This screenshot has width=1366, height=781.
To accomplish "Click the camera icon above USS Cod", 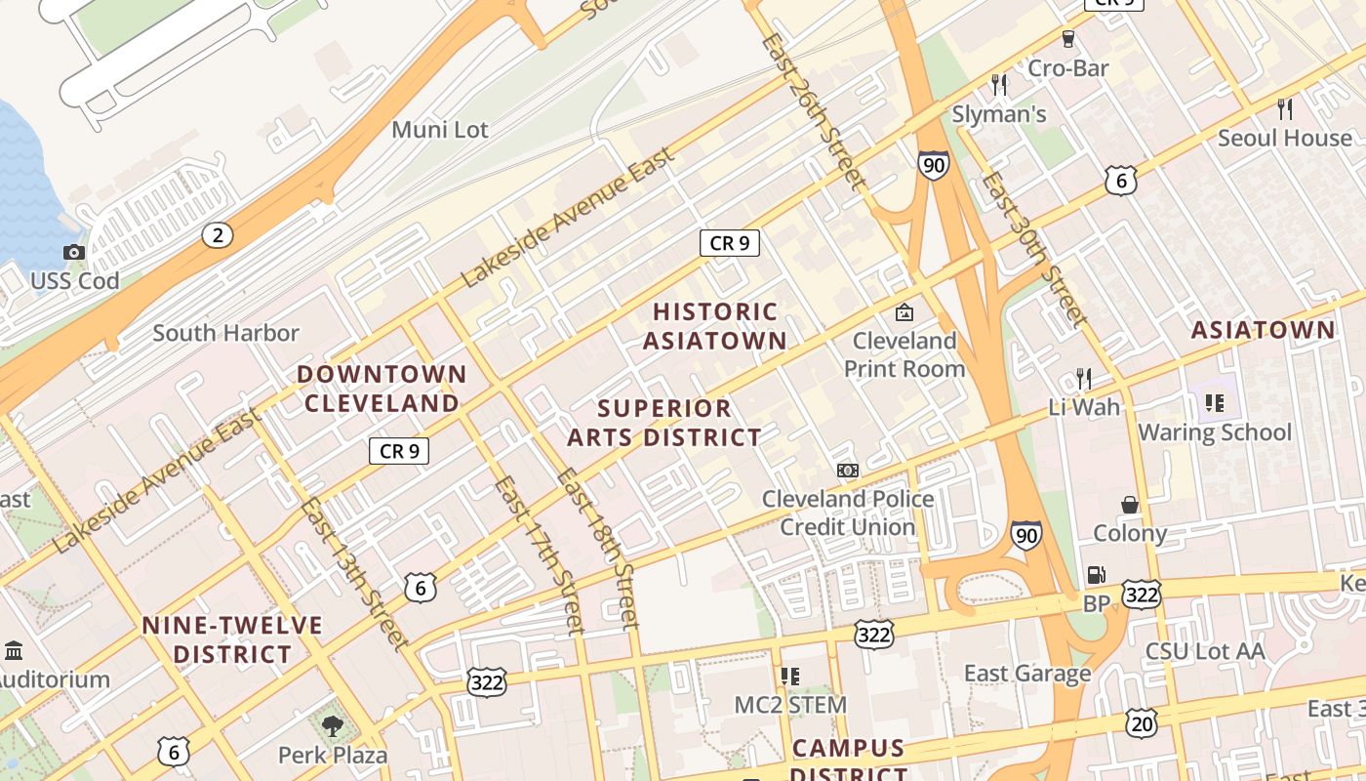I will coord(73,253).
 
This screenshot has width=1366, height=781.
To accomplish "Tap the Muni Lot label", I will coord(440,130).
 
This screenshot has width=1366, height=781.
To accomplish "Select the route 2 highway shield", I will coord(218,234).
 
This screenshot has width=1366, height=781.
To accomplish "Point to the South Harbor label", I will coord(225,333).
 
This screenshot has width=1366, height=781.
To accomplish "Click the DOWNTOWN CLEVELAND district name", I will coord(382,389).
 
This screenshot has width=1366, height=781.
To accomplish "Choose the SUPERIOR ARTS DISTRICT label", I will coord(664,423).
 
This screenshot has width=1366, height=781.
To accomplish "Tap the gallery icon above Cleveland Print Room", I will coord(904,312).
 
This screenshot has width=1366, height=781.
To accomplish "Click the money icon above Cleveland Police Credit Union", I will coord(847,471).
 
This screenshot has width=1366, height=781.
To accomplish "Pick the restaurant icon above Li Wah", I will coord(1083,378).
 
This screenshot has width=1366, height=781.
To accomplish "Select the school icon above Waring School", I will coord(1215,402).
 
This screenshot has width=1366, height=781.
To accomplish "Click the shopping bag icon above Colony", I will coord(1130,505).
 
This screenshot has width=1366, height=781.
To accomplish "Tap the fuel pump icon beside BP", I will coord(1097,576).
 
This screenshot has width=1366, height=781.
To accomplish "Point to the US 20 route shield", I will coord(1141,722).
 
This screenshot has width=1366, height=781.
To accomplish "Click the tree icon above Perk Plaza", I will coord(333,725).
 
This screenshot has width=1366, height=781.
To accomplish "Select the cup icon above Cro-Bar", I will coord(1068,39).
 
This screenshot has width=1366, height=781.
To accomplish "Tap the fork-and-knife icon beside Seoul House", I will coord(1285,108).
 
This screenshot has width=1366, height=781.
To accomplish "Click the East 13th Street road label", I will coord(353,573).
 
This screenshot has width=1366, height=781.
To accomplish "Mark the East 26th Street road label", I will coord(812,110).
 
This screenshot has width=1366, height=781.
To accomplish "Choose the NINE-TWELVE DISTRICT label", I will coord(232,639).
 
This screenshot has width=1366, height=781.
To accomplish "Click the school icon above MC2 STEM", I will coord(790,676).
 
